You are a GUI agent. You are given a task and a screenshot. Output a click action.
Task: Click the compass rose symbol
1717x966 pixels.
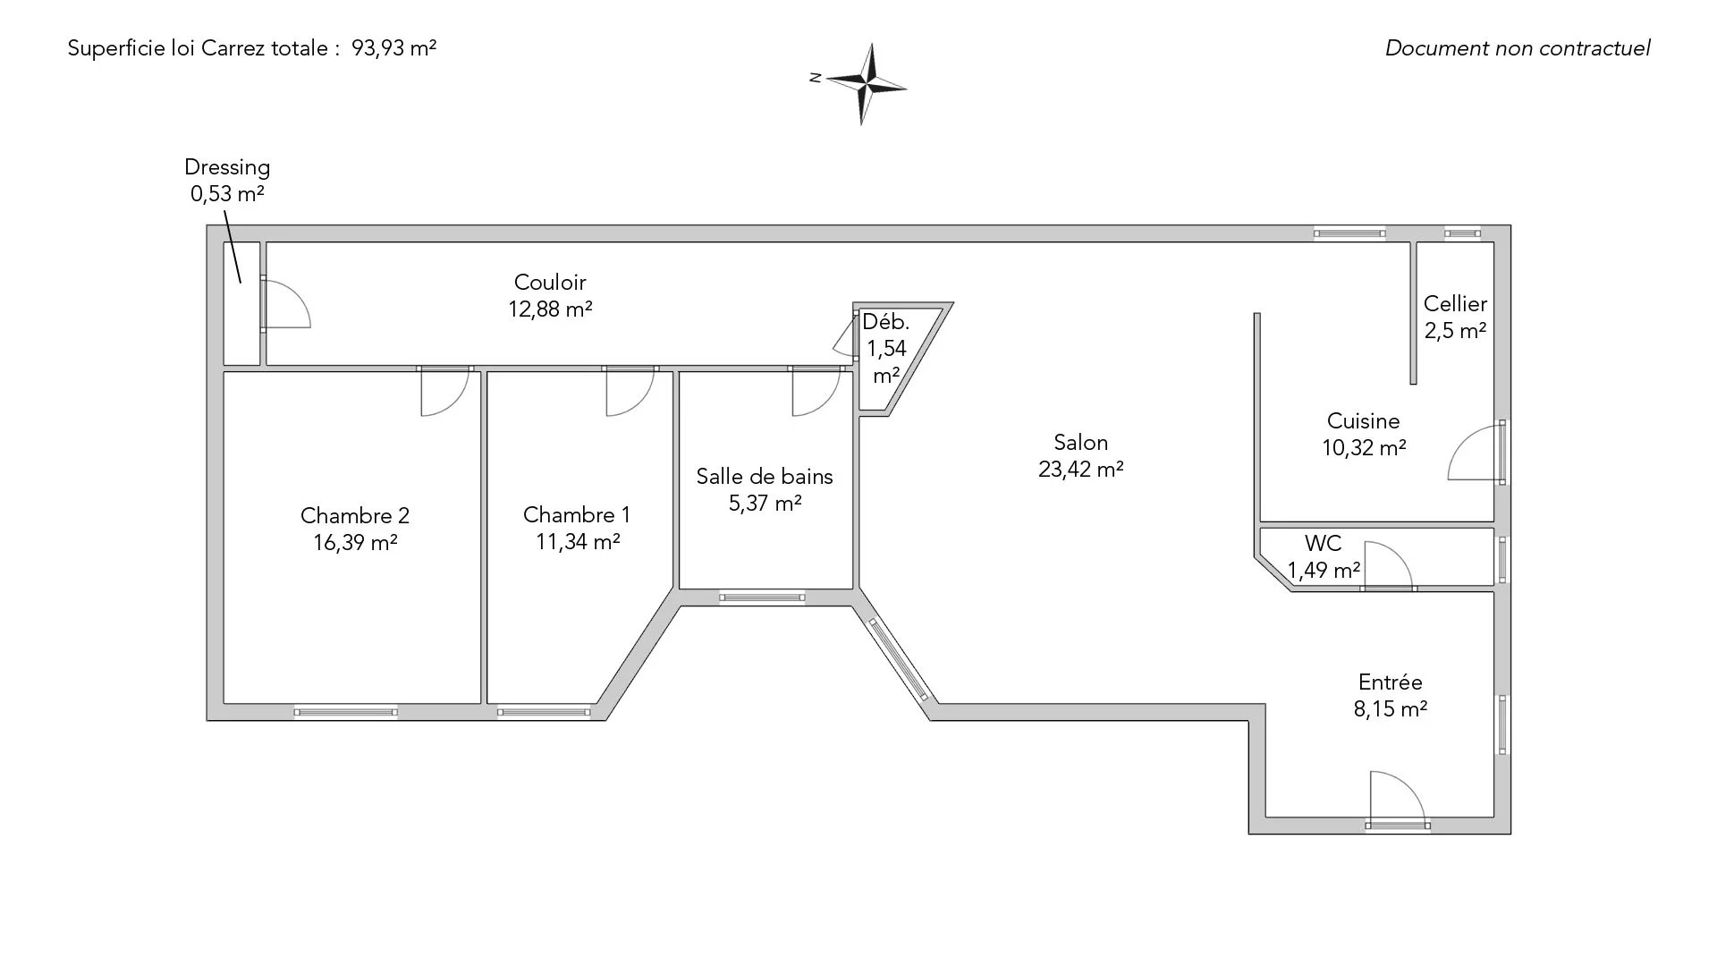pos(865,84)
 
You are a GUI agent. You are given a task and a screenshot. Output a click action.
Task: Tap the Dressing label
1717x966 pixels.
pos(227,167)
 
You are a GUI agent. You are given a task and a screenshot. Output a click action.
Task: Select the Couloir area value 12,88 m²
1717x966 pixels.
pos(550,309)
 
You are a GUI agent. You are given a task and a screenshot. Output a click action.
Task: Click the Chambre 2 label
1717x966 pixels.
pos(355,515)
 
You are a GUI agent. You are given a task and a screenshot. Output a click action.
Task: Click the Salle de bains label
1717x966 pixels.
pos(765,477)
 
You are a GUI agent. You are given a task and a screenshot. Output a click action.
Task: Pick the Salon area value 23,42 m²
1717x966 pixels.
pos(1080,470)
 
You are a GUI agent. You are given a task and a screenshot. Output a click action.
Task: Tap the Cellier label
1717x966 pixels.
pos(1455,304)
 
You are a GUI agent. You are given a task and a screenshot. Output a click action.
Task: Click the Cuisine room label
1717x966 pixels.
pos(1363,421)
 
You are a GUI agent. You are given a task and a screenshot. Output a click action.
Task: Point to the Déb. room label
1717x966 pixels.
pos(885,322)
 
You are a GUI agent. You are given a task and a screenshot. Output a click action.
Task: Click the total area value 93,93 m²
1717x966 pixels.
pos(393,48)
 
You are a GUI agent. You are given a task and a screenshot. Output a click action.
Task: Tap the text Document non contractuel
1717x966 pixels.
pos(1518,48)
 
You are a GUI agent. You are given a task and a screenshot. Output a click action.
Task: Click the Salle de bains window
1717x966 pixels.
pos(763,597)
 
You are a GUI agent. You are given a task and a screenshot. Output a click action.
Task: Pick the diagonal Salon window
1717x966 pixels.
pos(899,660)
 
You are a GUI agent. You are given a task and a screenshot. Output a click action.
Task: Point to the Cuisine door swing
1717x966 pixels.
pos(1474,454)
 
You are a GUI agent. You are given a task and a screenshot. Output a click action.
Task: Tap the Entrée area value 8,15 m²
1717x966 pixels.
pos(1390,709)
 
